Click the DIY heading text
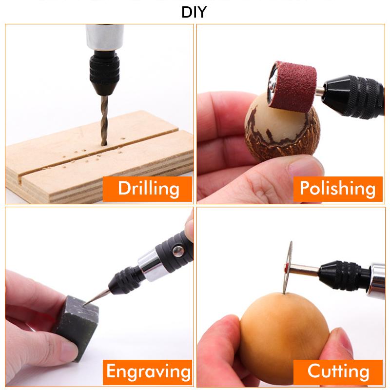[x=194, y=11]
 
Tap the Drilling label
[x=148, y=188]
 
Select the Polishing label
[x=338, y=188]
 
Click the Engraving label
[x=148, y=372]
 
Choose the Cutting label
[x=338, y=372]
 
